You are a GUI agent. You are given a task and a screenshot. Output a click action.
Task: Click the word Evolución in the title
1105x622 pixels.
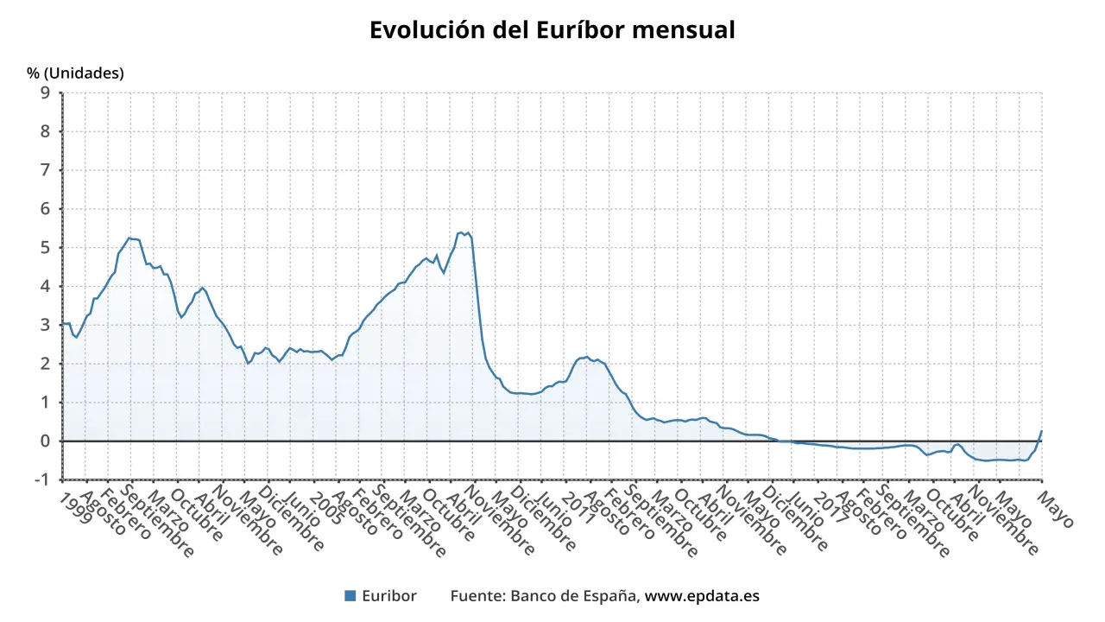tap(423, 30)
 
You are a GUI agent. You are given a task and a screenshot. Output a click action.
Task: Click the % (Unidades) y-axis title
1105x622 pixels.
tap(75, 73)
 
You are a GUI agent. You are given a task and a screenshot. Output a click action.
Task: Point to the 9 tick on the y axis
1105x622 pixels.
tap(45, 93)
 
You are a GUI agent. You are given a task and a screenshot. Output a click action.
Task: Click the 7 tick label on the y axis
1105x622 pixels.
tap(45, 170)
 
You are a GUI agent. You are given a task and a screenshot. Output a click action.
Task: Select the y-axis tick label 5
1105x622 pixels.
tap(45, 248)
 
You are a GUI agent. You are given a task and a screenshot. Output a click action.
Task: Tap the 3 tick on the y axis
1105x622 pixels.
tap(45, 325)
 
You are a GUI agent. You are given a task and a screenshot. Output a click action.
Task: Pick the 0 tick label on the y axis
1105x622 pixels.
tap(45, 441)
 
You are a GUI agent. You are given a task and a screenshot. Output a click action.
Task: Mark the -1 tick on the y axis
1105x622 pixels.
tap(41, 479)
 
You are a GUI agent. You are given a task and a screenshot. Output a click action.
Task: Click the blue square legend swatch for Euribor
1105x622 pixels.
tap(350, 595)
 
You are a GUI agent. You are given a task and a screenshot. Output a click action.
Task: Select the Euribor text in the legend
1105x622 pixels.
tap(388, 596)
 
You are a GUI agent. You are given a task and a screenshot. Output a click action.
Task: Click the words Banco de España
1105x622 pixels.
tap(574, 596)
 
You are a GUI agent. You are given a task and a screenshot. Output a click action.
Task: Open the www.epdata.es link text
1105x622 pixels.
tap(703, 596)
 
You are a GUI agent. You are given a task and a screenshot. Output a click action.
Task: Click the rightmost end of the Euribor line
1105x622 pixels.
tap(1042, 430)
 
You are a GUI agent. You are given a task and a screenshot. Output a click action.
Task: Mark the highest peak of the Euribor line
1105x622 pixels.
tap(462, 232)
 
